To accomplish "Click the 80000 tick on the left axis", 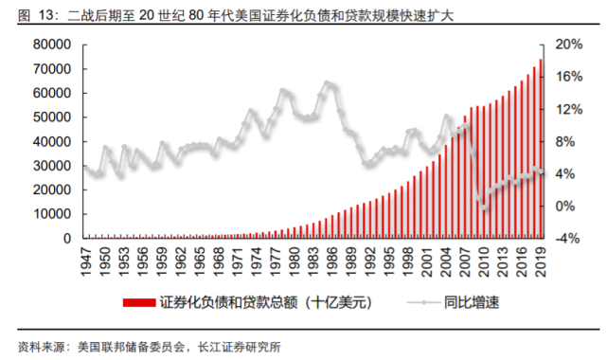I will point(54,45).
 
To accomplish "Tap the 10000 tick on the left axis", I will point(54,214).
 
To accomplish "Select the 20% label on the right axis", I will point(566,45).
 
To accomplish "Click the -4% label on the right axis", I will point(566,239).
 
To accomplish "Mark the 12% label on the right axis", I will point(566,109).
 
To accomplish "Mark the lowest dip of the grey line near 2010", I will point(484,207).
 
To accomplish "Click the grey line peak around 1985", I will point(328,83).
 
